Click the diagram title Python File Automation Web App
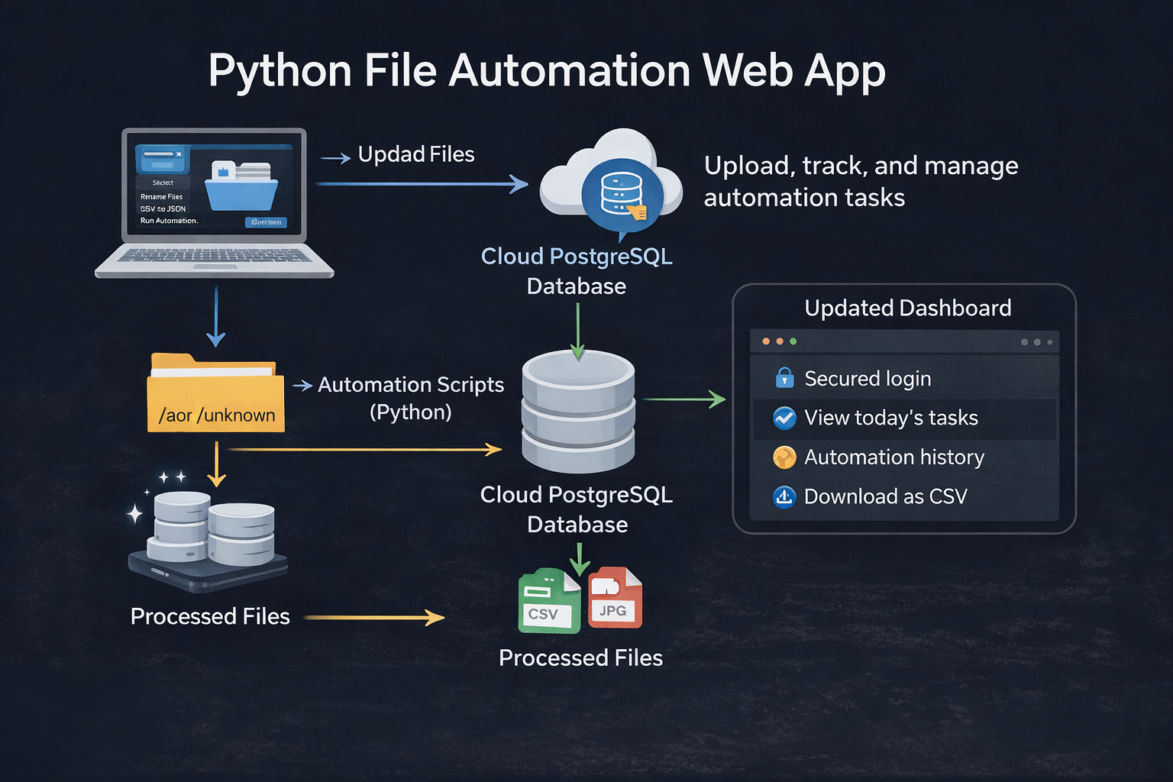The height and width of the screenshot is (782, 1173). click(x=547, y=71)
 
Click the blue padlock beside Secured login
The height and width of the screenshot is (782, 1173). click(x=784, y=378)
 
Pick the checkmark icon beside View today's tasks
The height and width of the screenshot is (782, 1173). click(x=784, y=418)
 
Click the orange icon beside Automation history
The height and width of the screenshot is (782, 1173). click(x=784, y=457)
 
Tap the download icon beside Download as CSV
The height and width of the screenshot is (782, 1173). click(x=784, y=497)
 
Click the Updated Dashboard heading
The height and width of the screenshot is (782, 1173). click(x=907, y=308)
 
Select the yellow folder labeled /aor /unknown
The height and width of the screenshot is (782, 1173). click(x=215, y=394)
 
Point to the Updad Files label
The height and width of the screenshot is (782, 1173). click(x=416, y=154)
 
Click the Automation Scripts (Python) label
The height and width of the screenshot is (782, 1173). click(x=411, y=398)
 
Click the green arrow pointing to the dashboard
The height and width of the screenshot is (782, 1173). click(x=683, y=399)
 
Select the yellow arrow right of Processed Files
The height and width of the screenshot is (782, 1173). click(x=373, y=617)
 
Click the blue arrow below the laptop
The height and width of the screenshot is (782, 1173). click(x=216, y=316)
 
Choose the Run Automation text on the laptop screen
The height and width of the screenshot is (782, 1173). click(x=169, y=221)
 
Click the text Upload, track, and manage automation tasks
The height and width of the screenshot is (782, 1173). click(x=861, y=181)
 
